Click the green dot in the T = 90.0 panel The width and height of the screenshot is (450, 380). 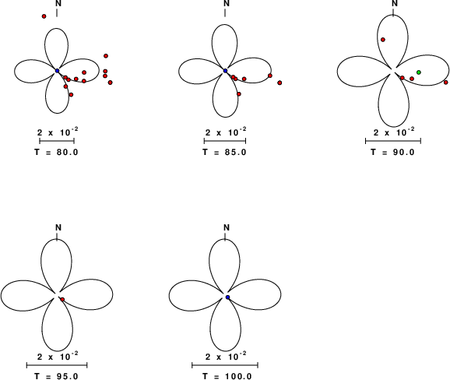pos(419,72)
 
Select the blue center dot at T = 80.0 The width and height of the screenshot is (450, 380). pos(57,71)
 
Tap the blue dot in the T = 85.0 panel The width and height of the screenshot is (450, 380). pos(225,71)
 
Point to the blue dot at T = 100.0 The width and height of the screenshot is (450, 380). pos(227,297)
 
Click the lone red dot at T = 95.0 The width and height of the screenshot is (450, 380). pos(62,299)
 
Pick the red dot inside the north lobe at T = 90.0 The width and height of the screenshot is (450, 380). pos(383,40)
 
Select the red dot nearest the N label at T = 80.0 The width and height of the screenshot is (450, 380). pos(44,16)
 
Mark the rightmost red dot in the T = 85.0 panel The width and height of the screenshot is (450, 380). pos(279,83)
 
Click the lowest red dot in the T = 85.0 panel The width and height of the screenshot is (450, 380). pos(239,94)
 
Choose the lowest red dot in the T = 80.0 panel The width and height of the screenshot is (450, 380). pos(71,95)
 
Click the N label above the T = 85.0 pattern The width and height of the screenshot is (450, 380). pos(227,3)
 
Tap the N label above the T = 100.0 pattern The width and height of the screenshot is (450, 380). pos(227,227)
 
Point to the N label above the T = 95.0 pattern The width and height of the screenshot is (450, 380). pos(58,227)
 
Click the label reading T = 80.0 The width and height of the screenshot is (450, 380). pos(56,152)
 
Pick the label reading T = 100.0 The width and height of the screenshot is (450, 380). pos(227,376)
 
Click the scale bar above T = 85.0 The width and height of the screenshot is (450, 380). pos(225,141)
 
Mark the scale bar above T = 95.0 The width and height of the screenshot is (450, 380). pos(57,365)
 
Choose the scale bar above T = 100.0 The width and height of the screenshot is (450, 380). pos(225,365)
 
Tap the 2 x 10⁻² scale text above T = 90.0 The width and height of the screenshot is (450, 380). pos(394,132)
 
